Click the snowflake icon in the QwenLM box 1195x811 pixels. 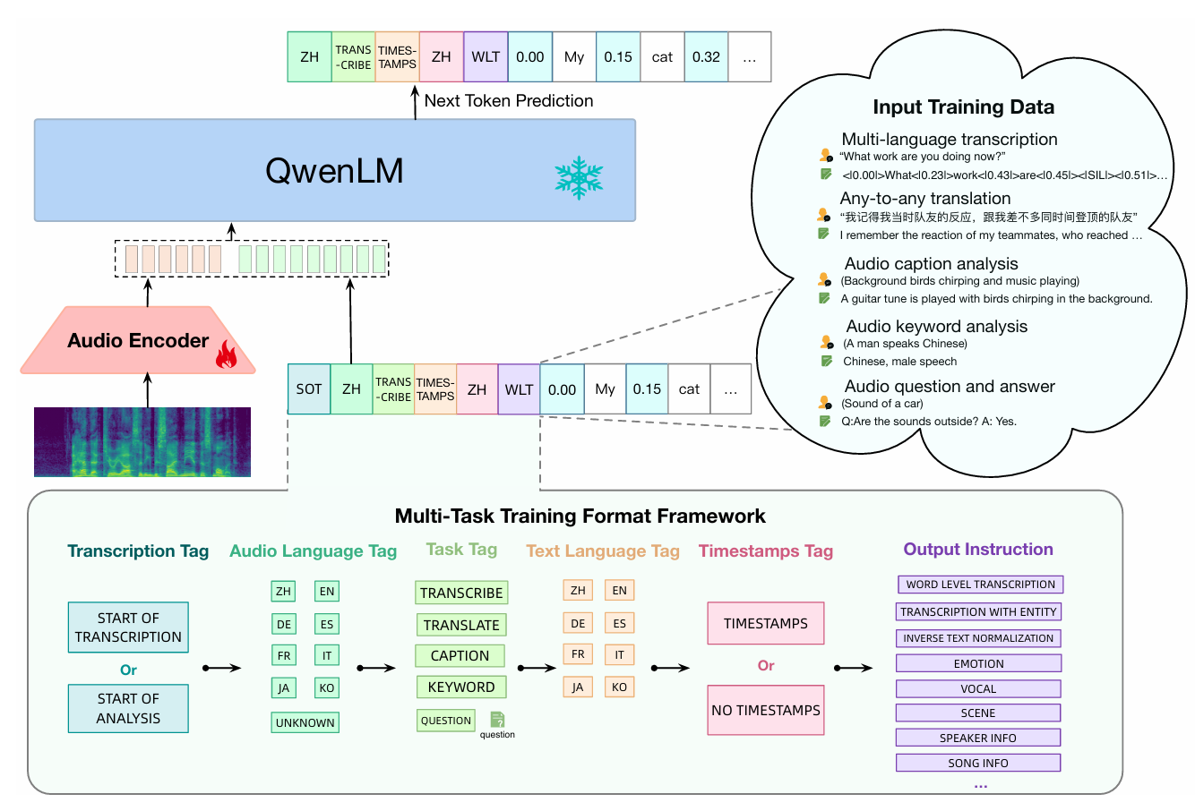click(x=579, y=178)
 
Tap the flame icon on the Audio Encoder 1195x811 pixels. click(x=227, y=354)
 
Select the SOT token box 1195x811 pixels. click(x=309, y=389)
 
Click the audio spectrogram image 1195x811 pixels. click(x=142, y=442)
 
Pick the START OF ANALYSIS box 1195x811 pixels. click(x=128, y=709)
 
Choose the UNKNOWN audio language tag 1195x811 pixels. click(x=305, y=722)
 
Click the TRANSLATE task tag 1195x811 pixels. click(x=461, y=625)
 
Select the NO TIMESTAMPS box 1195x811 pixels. click(x=766, y=710)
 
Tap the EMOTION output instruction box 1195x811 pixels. click(x=978, y=663)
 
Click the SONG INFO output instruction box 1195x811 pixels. click(x=978, y=763)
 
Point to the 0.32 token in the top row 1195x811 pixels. click(x=706, y=57)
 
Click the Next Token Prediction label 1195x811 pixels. click(x=509, y=101)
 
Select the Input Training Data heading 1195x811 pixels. click(x=964, y=107)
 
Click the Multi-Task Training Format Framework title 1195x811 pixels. click(x=580, y=516)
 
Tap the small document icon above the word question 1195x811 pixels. click(x=497, y=720)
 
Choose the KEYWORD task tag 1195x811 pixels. click(x=461, y=687)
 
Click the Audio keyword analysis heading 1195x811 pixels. click(x=937, y=327)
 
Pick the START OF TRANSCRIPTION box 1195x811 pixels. click(x=128, y=627)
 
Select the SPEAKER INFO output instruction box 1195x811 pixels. click(x=978, y=738)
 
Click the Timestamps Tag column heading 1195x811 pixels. click(x=766, y=551)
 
